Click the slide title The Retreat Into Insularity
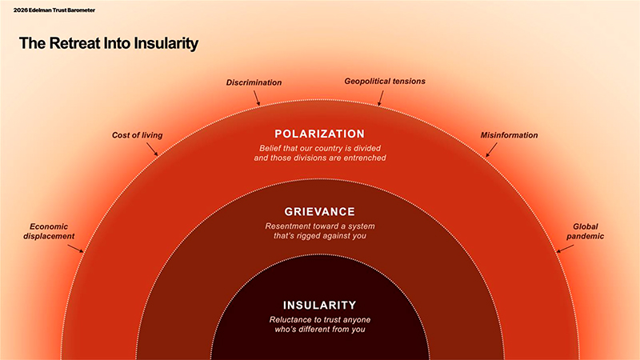[x=108, y=44]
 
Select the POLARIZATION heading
[x=319, y=134]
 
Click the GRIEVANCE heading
[x=319, y=212]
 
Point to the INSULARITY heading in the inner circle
[x=319, y=305]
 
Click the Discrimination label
[x=254, y=82]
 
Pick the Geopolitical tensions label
[x=385, y=82]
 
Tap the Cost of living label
[x=137, y=135]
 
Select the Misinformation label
[x=509, y=135]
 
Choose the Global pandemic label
[x=586, y=231]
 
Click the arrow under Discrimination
[x=257, y=98]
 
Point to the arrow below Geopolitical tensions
[x=381, y=98]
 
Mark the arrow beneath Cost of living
[x=152, y=150]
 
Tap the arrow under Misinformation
[x=490, y=150]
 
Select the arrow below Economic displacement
[x=74, y=248]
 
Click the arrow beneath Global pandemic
[x=564, y=248]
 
